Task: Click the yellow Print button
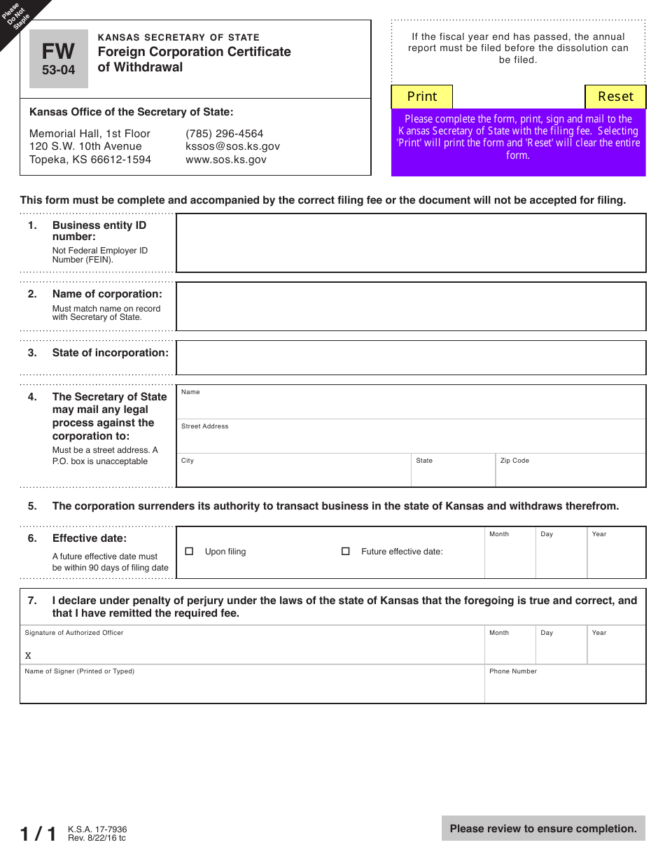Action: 421,97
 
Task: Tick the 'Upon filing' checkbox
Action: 189,552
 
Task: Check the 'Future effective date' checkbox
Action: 345,552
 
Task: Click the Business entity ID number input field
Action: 410,243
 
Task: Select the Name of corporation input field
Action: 410,306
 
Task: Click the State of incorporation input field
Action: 410,358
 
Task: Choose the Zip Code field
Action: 570,474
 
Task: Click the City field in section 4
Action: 293,474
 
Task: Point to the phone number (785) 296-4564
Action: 224,134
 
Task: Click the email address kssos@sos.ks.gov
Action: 232,146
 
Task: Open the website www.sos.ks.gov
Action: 225,160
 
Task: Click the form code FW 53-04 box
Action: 59,59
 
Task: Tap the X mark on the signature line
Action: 28,656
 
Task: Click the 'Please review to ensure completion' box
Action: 543,829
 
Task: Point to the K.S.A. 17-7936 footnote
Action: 97,829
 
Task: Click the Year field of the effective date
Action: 616,556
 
